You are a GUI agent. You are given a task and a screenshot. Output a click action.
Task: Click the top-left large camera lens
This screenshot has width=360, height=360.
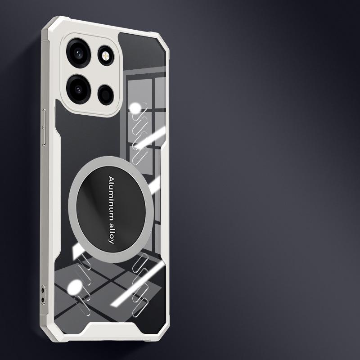click(78, 53)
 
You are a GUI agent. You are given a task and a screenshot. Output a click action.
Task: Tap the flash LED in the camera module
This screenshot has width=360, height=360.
click(105, 56)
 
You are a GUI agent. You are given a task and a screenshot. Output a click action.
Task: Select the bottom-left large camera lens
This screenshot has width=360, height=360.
click(78, 89)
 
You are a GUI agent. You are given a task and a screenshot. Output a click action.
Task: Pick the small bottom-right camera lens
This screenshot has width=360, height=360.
click(106, 95)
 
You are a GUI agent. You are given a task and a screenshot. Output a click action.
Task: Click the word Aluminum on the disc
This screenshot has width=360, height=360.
click(111, 196)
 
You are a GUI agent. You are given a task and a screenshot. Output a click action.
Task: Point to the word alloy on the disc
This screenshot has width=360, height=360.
click(111, 231)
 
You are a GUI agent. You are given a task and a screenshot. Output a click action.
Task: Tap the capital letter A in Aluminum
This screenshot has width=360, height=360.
click(111, 179)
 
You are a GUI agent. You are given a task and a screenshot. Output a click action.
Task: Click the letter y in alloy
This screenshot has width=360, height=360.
click(111, 241)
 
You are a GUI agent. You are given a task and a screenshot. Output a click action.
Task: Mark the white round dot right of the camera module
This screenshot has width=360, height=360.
click(135, 108)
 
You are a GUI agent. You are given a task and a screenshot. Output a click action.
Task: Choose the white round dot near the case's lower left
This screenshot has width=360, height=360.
click(75, 287)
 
